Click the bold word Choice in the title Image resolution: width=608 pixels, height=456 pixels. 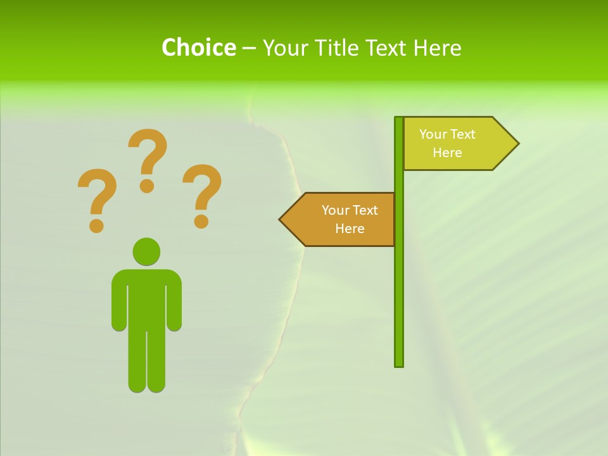pyautogui.click(x=198, y=47)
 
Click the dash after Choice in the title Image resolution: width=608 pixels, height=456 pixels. pyautogui.click(x=249, y=48)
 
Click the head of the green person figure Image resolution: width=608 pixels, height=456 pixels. pyautogui.click(x=146, y=251)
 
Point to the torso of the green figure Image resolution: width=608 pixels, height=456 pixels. pyautogui.click(x=146, y=298)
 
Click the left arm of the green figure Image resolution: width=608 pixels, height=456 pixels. pyautogui.click(x=119, y=301)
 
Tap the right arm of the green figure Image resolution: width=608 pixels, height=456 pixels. pyautogui.click(x=174, y=301)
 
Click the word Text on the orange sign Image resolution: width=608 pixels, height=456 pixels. pyautogui.click(x=364, y=210)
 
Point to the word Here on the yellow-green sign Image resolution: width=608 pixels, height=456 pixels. pyautogui.click(x=447, y=153)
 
